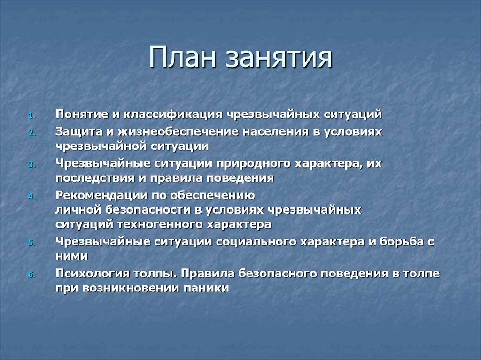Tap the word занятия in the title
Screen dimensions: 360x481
(x=279, y=59)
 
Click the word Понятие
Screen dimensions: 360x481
(x=80, y=115)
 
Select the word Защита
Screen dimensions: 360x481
(x=77, y=132)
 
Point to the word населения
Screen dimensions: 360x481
(x=273, y=132)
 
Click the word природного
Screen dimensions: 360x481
(x=253, y=164)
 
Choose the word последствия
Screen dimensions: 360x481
(x=89, y=178)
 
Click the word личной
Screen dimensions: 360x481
(x=76, y=210)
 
